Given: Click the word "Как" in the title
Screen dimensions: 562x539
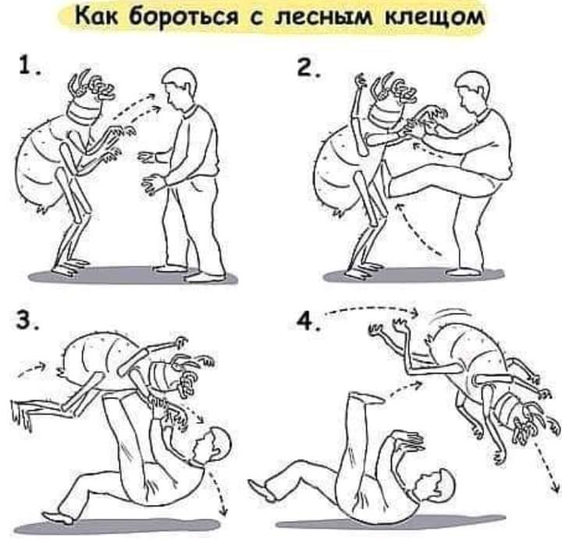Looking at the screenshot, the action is (96, 16).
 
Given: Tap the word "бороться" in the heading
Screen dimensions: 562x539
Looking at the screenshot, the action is (183, 16).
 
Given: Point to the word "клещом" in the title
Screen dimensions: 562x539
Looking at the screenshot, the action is (435, 17).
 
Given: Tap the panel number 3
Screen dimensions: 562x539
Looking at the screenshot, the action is (27, 320).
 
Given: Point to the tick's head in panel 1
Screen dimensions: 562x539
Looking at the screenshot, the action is (90, 101).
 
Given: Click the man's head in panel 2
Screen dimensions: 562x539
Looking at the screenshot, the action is (473, 92).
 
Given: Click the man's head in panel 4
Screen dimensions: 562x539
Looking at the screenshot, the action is (436, 484).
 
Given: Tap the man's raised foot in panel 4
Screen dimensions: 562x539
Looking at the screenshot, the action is (365, 398).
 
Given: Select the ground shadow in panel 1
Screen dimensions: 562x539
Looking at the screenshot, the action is (133, 276).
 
